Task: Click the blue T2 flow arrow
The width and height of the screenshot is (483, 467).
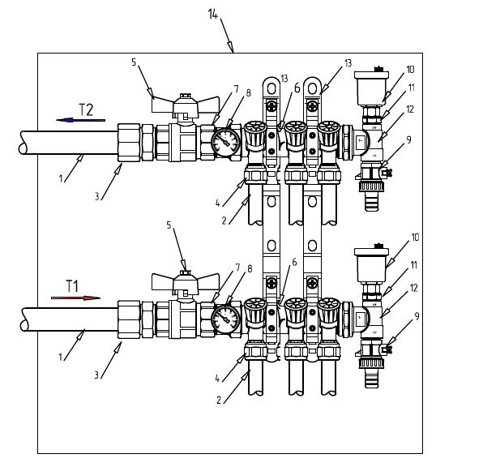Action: pyautogui.click(x=81, y=120)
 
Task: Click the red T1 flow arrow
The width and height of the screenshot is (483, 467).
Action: pyautogui.click(x=76, y=298)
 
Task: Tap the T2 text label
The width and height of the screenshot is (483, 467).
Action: pyautogui.click(x=86, y=109)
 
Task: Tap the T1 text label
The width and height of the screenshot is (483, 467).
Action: pyautogui.click(x=72, y=286)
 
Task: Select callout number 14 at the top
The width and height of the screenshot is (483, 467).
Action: pyautogui.click(x=213, y=14)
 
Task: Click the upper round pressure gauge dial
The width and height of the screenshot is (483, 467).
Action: pyautogui.click(x=226, y=142)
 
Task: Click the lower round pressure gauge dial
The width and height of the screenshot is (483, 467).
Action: pyautogui.click(x=226, y=319)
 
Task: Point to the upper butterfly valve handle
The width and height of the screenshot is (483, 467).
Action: pyautogui.click(x=186, y=105)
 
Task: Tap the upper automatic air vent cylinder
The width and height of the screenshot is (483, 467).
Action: pyautogui.click(x=371, y=88)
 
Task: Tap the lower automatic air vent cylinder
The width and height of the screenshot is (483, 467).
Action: pyautogui.click(x=371, y=265)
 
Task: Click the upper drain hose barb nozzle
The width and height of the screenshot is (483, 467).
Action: pyautogui.click(x=372, y=200)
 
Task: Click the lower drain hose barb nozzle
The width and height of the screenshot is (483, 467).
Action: pyautogui.click(x=372, y=377)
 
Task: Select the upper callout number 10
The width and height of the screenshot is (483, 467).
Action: pyautogui.click(x=410, y=70)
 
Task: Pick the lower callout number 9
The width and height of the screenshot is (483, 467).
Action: pyautogui.click(x=417, y=316)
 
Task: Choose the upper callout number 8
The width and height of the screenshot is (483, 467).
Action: pyautogui.click(x=248, y=92)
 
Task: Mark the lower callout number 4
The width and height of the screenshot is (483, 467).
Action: pyautogui.click(x=217, y=379)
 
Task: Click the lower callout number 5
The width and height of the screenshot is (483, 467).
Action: pyautogui.click(x=169, y=225)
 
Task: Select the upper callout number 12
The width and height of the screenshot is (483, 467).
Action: pyautogui.click(x=410, y=109)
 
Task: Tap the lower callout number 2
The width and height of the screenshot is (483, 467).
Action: pyautogui.click(x=219, y=400)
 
